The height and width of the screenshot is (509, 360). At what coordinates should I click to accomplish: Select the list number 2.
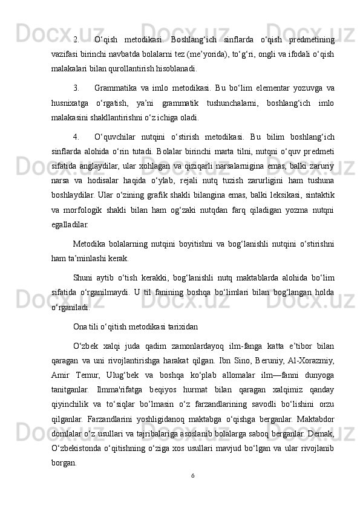click(x=76, y=41)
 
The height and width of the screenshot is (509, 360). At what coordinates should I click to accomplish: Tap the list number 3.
click(x=76, y=88)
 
